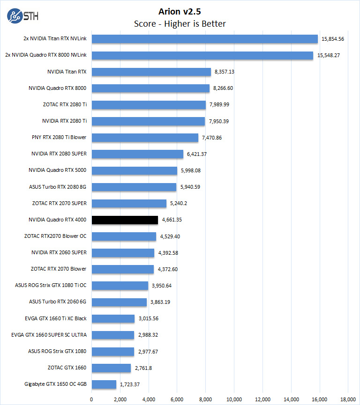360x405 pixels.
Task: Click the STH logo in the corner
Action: tap(23, 16)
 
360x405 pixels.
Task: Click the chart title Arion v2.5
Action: tap(180, 10)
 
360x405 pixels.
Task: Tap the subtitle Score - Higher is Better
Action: tap(180, 23)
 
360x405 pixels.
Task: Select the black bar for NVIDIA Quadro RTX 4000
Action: tap(125, 220)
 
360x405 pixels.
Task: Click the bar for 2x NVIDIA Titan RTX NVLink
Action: tap(205, 39)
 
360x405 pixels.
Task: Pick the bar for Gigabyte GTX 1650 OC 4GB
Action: tap(104, 384)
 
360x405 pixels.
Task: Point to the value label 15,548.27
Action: tap(331, 55)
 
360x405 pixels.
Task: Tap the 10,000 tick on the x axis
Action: tap(234, 399)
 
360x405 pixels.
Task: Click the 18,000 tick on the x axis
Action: tap(348, 399)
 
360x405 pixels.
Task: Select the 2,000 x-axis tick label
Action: tap(120, 399)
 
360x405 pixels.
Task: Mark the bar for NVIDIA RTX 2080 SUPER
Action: tap(137, 154)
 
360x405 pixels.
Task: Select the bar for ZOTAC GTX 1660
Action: tap(111, 368)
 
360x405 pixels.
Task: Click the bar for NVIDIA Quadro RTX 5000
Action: tap(135, 170)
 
